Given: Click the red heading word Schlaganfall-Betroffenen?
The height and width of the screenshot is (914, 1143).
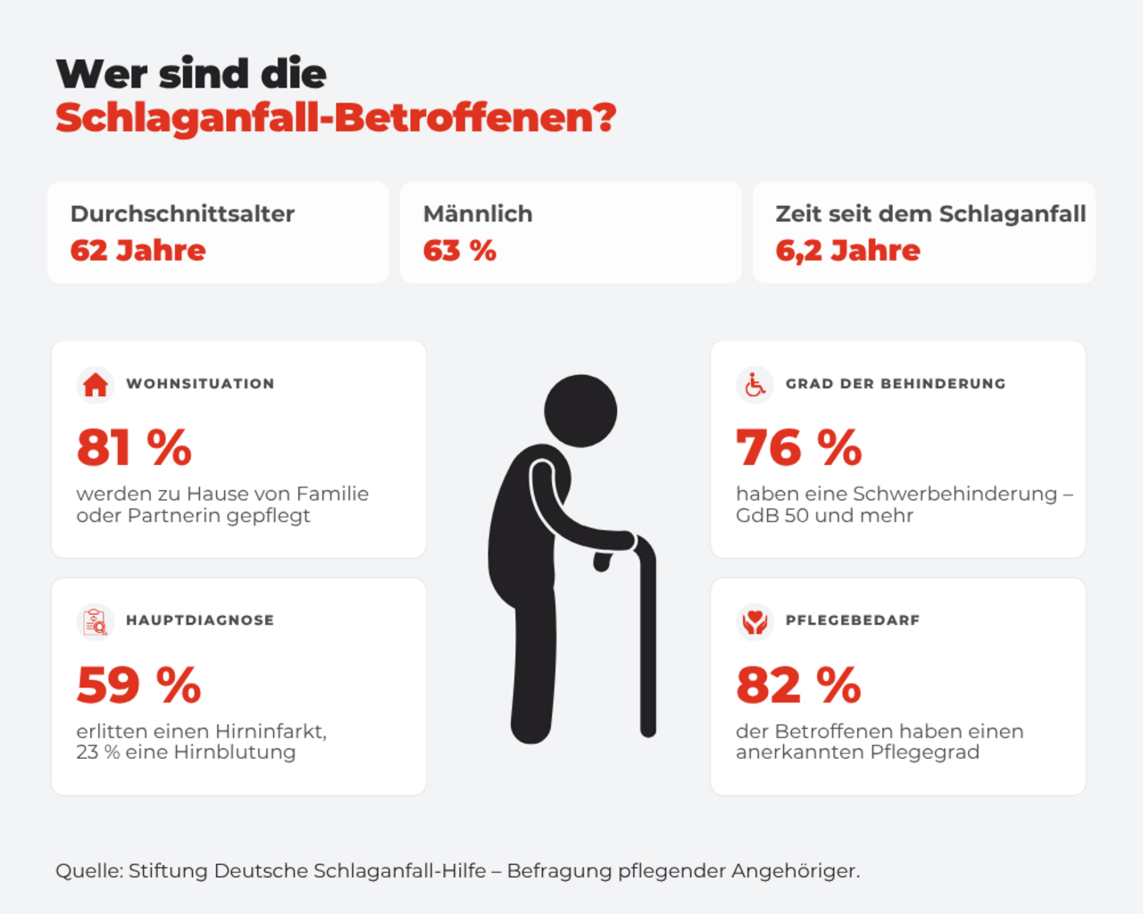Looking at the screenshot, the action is pos(336,118).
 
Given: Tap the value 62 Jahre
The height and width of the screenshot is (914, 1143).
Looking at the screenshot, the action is pos(138,250).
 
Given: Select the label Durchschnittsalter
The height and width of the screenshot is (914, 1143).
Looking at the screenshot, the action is pos(182,213).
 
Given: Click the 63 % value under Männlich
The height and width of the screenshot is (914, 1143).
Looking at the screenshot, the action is pos(459,250).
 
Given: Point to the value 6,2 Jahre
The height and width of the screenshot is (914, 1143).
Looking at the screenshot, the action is pos(847,251).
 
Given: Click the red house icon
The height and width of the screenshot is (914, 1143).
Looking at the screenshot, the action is pos(96,385).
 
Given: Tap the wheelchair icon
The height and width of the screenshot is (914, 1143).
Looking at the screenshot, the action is pos(755,385).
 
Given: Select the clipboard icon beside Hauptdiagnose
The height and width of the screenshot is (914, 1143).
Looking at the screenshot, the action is pos(96,621).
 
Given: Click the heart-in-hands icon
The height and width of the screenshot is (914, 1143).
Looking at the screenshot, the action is pos(755,621).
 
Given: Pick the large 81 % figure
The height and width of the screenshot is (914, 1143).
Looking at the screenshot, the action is pos(134,448).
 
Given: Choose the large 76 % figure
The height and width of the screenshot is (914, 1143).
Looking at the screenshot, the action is pos(799,448).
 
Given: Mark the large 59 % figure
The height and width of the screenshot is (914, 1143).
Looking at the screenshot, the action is pos(138,685).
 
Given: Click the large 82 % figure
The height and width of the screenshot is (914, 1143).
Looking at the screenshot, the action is pos(798,685).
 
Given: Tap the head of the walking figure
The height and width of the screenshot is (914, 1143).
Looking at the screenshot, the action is pos(580,411).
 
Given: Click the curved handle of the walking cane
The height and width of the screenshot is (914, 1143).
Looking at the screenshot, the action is pos(644,547).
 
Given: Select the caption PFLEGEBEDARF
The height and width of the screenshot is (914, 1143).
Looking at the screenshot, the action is pos(853,620).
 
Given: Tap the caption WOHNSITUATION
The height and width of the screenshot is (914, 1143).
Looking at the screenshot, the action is pos(200,384).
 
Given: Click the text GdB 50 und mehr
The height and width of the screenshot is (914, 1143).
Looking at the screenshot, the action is pos(824,515).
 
